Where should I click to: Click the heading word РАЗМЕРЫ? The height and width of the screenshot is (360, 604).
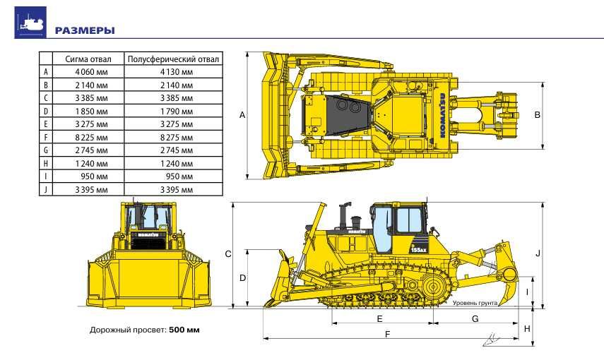85,30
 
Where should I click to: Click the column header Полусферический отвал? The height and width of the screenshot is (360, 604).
174,59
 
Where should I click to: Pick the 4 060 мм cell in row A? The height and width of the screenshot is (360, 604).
91,72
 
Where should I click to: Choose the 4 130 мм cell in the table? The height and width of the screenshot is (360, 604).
177,72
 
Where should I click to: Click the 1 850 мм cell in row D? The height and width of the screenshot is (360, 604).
91,111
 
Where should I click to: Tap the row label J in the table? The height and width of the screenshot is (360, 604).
45,189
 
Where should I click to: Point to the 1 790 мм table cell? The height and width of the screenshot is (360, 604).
177,111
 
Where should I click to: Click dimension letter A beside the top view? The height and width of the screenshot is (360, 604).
242,114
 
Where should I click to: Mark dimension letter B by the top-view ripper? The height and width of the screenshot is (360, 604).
538,114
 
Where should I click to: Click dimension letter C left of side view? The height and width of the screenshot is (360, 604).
228,253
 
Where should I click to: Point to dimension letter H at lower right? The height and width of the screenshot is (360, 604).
527,329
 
